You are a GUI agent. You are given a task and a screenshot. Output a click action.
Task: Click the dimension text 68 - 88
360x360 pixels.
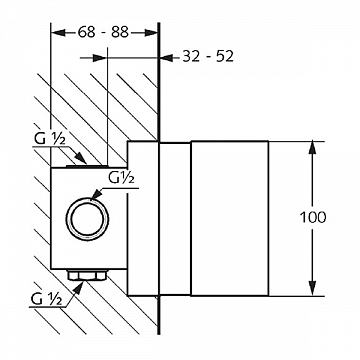click(x=103, y=33)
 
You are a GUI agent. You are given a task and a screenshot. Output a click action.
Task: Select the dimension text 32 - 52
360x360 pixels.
click(x=208, y=57)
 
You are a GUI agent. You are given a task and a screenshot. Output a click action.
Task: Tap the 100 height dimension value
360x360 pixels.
click(x=313, y=218)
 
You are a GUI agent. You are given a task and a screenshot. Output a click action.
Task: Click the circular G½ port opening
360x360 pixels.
click(x=87, y=219)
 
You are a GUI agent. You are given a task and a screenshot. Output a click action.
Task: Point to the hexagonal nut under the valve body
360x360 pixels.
click(x=87, y=275)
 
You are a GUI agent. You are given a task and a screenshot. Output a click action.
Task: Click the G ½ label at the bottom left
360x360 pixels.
click(x=46, y=299)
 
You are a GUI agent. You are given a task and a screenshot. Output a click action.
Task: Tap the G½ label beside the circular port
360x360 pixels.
click(x=121, y=179)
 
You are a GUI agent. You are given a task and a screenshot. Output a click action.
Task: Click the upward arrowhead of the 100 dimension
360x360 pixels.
click(x=312, y=148)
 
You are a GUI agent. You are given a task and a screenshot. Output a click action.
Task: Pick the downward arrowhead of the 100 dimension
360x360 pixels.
click(x=312, y=289)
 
